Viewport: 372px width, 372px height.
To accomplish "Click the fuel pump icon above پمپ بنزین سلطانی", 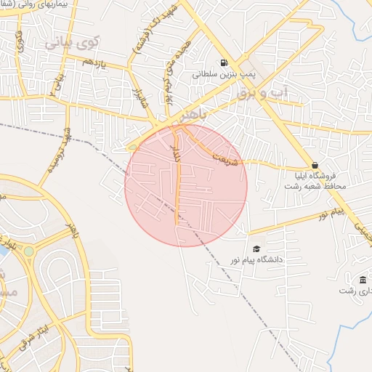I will tap(222, 62).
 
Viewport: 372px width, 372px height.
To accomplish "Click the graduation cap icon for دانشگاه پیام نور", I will tap(256, 248).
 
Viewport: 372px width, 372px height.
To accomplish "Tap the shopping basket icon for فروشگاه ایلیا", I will tap(314, 164).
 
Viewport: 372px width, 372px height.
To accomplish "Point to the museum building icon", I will tap(363, 280).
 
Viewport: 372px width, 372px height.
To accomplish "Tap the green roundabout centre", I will tap(28, 251).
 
